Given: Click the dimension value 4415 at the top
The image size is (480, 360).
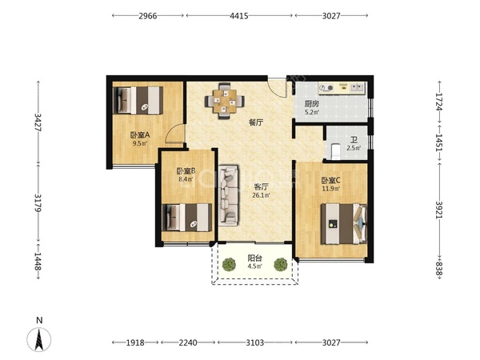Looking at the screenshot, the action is click(239, 16).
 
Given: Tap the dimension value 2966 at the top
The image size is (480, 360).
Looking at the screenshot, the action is click(148, 16).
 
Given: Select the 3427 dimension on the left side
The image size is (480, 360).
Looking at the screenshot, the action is click(38, 122).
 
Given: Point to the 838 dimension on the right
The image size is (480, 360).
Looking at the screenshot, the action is click(439, 269).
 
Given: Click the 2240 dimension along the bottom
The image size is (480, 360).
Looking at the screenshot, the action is click(188, 342).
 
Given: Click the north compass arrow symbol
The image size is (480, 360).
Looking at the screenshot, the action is click(39, 339).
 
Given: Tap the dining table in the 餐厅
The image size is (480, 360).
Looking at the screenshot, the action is click(225, 101).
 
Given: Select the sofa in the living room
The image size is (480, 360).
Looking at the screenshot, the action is click(229, 196).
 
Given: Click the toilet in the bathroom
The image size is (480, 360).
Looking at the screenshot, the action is click(336, 151).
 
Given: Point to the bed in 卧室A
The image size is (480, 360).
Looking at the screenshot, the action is click(138, 101).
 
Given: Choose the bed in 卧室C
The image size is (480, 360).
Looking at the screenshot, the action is click(344, 224).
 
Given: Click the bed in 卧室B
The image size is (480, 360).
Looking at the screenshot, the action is click(186, 218).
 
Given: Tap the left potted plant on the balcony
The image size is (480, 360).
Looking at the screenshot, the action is click(229, 265).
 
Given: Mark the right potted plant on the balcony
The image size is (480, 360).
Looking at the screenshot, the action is click(280, 265).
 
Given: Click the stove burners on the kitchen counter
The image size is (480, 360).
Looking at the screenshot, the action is click(326, 88).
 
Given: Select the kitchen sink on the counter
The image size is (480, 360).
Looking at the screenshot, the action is click(357, 88).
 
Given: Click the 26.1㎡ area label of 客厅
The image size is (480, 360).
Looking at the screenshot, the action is click(261, 195).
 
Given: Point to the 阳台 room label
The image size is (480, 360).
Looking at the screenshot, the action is click(254, 258).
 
